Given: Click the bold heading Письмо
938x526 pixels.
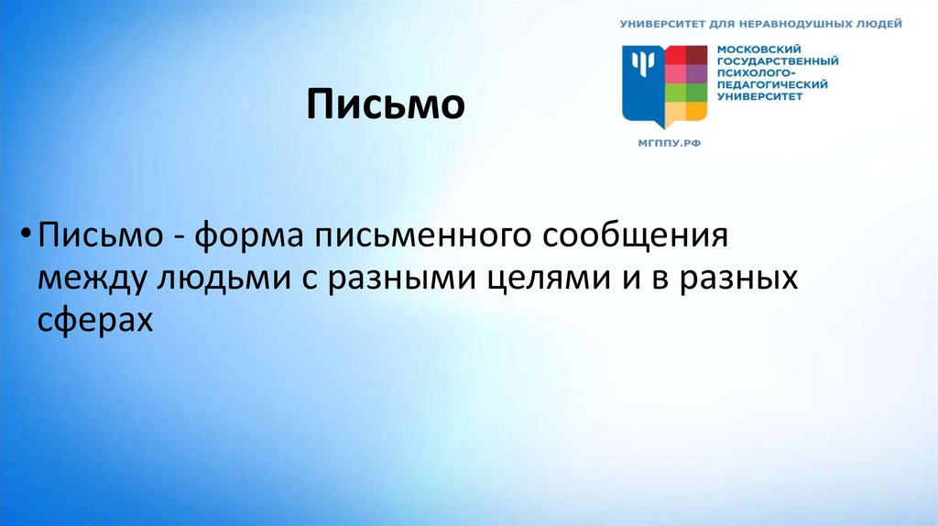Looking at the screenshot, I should point(386,104).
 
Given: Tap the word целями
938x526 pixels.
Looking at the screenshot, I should point(533,280).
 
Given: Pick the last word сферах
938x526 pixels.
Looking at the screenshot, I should point(94,322).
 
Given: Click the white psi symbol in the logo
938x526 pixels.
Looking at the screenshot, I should point(643,64).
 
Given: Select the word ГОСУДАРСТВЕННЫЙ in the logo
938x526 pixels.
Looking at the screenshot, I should point(777,61).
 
